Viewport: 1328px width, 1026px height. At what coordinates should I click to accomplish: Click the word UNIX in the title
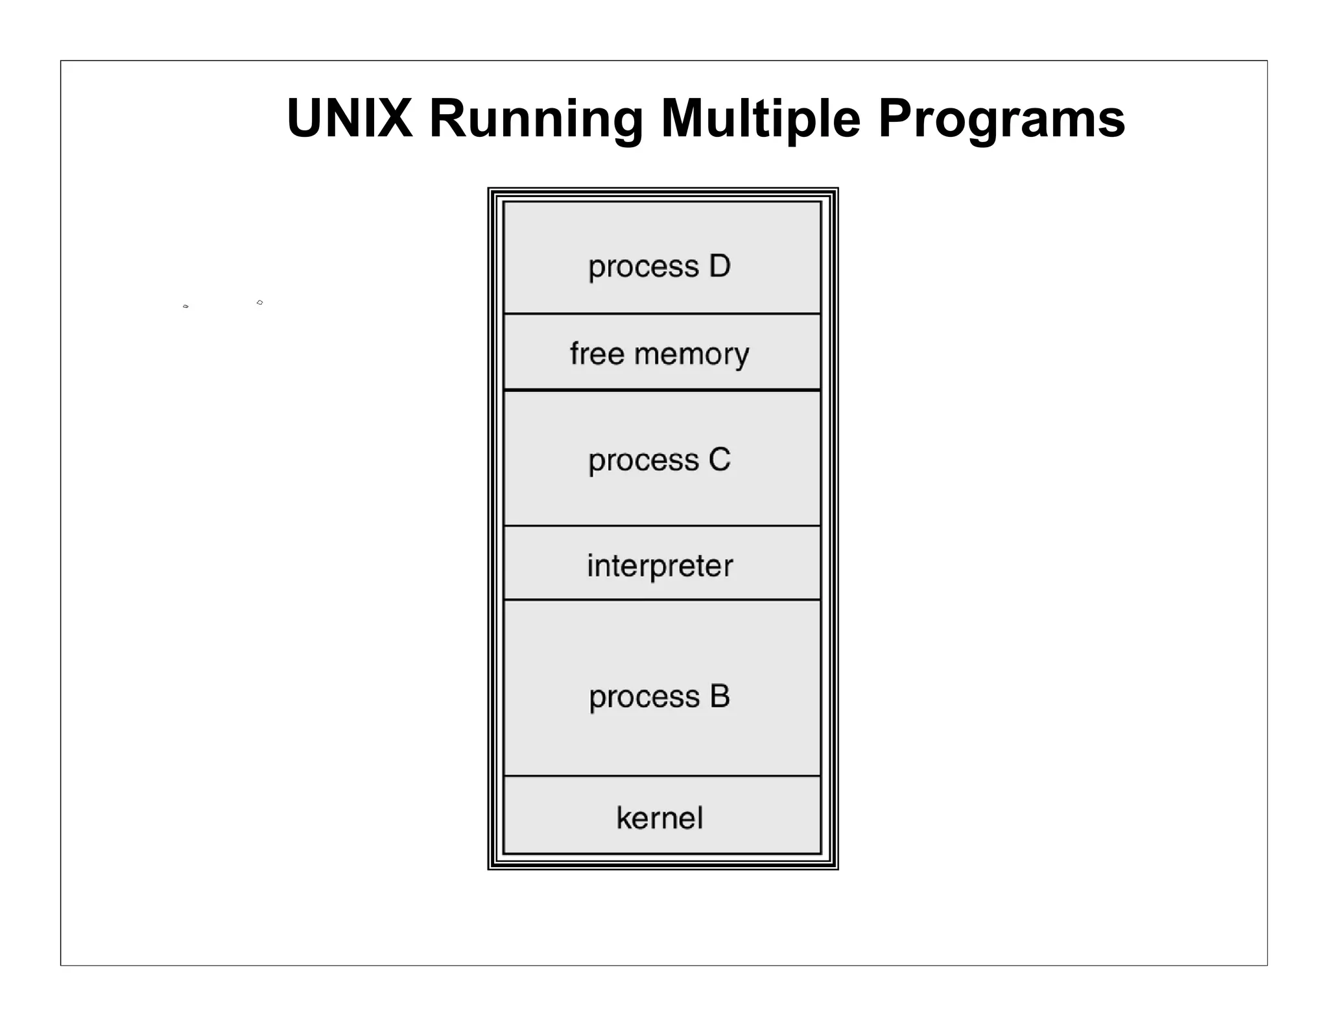pyautogui.click(x=350, y=118)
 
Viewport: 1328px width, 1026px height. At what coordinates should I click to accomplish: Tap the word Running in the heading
pyautogui.click(x=536, y=119)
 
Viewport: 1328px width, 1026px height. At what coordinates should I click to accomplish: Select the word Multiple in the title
pyautogui.click(x=760, y=119)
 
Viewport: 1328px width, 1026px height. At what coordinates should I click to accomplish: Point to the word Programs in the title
pyautogui.click(x=1001, y=119)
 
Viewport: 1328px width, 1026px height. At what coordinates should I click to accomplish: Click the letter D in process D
pyautogui.click(x=719, y=266)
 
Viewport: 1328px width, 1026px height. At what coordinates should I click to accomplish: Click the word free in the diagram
pyautogui.click(x=597, y=353)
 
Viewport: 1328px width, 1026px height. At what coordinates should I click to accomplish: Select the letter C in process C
pyautogui.click(x=719, y=460)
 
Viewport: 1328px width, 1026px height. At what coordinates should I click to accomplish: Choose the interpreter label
pyautogui.click(x=660, y=566)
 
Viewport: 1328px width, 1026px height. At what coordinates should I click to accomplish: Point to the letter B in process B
pyautogui.click(x=719, y=697)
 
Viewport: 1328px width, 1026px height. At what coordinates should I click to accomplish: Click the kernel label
pyautogui.click(x=659, y=818)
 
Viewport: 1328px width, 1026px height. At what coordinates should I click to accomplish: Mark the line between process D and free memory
pyautogui.click(x=662, y=314)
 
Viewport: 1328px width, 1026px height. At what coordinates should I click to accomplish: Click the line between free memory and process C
pyautogui.click(x=662, y=390)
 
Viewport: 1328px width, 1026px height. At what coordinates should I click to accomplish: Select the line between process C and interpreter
pyautogui.click(x=662, y=525)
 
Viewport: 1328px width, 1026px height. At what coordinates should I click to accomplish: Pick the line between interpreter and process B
pyautogui.click(x=662, y=599)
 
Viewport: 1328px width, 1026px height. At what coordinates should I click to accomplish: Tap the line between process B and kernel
pyautogui.click(x=662, y=776)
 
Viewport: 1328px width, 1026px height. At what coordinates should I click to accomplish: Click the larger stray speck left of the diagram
pyautogui.click(x=259, y=302)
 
